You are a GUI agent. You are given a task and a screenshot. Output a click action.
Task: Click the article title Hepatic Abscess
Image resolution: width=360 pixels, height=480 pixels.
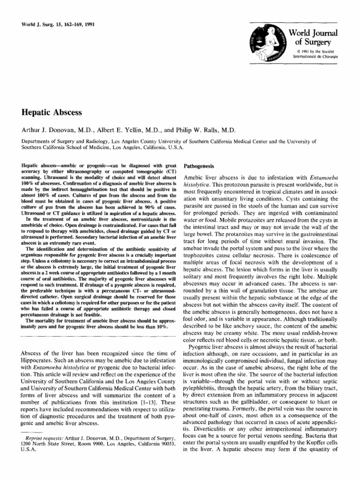[52, 112]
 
